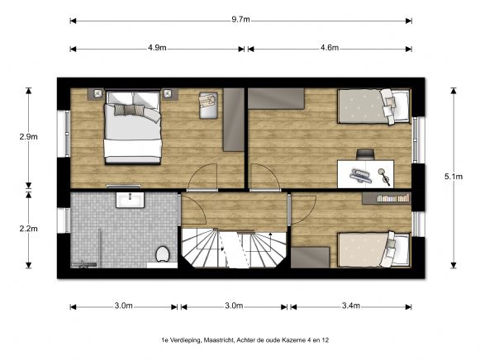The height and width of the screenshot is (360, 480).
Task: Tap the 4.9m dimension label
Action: [x=157, y=48]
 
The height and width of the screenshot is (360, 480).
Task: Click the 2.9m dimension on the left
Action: [x=28, y=136]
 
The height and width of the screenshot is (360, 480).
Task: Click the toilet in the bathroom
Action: [x=163, y=253]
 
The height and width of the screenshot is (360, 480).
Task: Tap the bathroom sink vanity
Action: [x=131, y=199]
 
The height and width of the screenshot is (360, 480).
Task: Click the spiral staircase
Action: [x=234, y=246]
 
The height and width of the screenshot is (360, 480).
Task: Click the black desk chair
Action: [x=364, y=154]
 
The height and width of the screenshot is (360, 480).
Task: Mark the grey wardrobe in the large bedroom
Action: [x=234, y=119]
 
